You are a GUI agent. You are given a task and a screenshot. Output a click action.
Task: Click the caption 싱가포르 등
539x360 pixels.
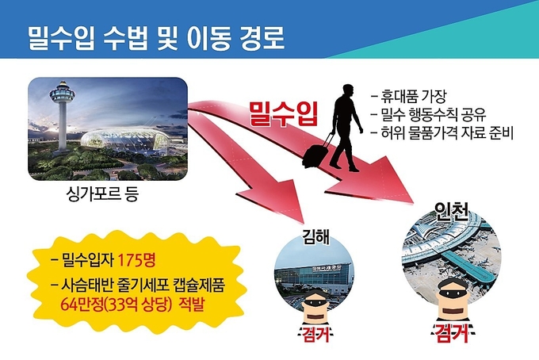(x=102, y=193)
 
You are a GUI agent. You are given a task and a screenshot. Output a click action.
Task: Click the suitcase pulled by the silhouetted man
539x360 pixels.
(x=315, y=154)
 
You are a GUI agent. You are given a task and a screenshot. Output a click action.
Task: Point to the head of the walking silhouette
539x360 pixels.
(x=347, y=91)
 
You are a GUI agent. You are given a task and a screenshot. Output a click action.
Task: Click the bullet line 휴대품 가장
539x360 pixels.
(x=408, y=97)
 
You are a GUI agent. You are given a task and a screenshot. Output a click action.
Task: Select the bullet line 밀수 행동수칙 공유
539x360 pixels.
(x=429, y=114)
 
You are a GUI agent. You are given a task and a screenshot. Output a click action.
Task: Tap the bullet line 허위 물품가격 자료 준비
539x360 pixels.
(x=442, y=132)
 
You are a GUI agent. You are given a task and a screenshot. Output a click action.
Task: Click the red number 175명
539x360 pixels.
(x=137, y=260)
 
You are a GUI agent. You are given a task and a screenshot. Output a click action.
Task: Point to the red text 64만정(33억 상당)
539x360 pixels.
(x=116, y=304)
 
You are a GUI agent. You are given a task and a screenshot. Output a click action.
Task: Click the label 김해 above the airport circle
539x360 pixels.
(x=315, y=236)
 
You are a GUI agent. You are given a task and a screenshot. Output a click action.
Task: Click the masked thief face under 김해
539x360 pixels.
(x=315, y=308)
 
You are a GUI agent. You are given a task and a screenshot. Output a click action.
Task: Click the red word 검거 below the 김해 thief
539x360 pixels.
(x=315, y=334)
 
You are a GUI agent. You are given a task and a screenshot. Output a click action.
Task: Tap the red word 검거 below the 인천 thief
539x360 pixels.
(x=453, y=333)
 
